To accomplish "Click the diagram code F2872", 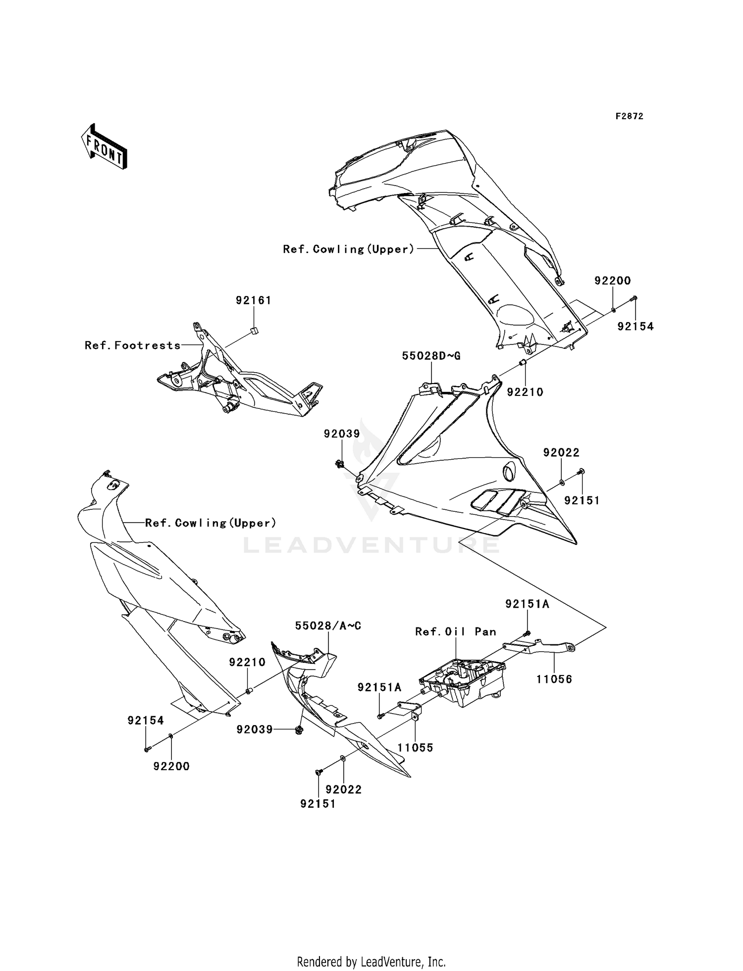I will [629, 116].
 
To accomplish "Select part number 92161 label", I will [253, 300].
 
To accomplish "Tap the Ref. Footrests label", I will [133, 345].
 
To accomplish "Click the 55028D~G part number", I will [431, 356].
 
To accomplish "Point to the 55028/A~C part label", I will [328, 626].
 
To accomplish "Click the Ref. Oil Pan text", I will [455, 631].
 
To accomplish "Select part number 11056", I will [554, 679].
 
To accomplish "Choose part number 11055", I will [415, 747].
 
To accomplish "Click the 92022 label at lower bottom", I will [343, 789].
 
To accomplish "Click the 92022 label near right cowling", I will [561, 452].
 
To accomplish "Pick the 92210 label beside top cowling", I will [525, 392].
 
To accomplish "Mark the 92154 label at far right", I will [635, 326].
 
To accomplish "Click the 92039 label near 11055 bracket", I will [254, 729].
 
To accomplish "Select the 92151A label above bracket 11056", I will [527, 604].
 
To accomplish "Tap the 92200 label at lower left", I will [171, 766].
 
